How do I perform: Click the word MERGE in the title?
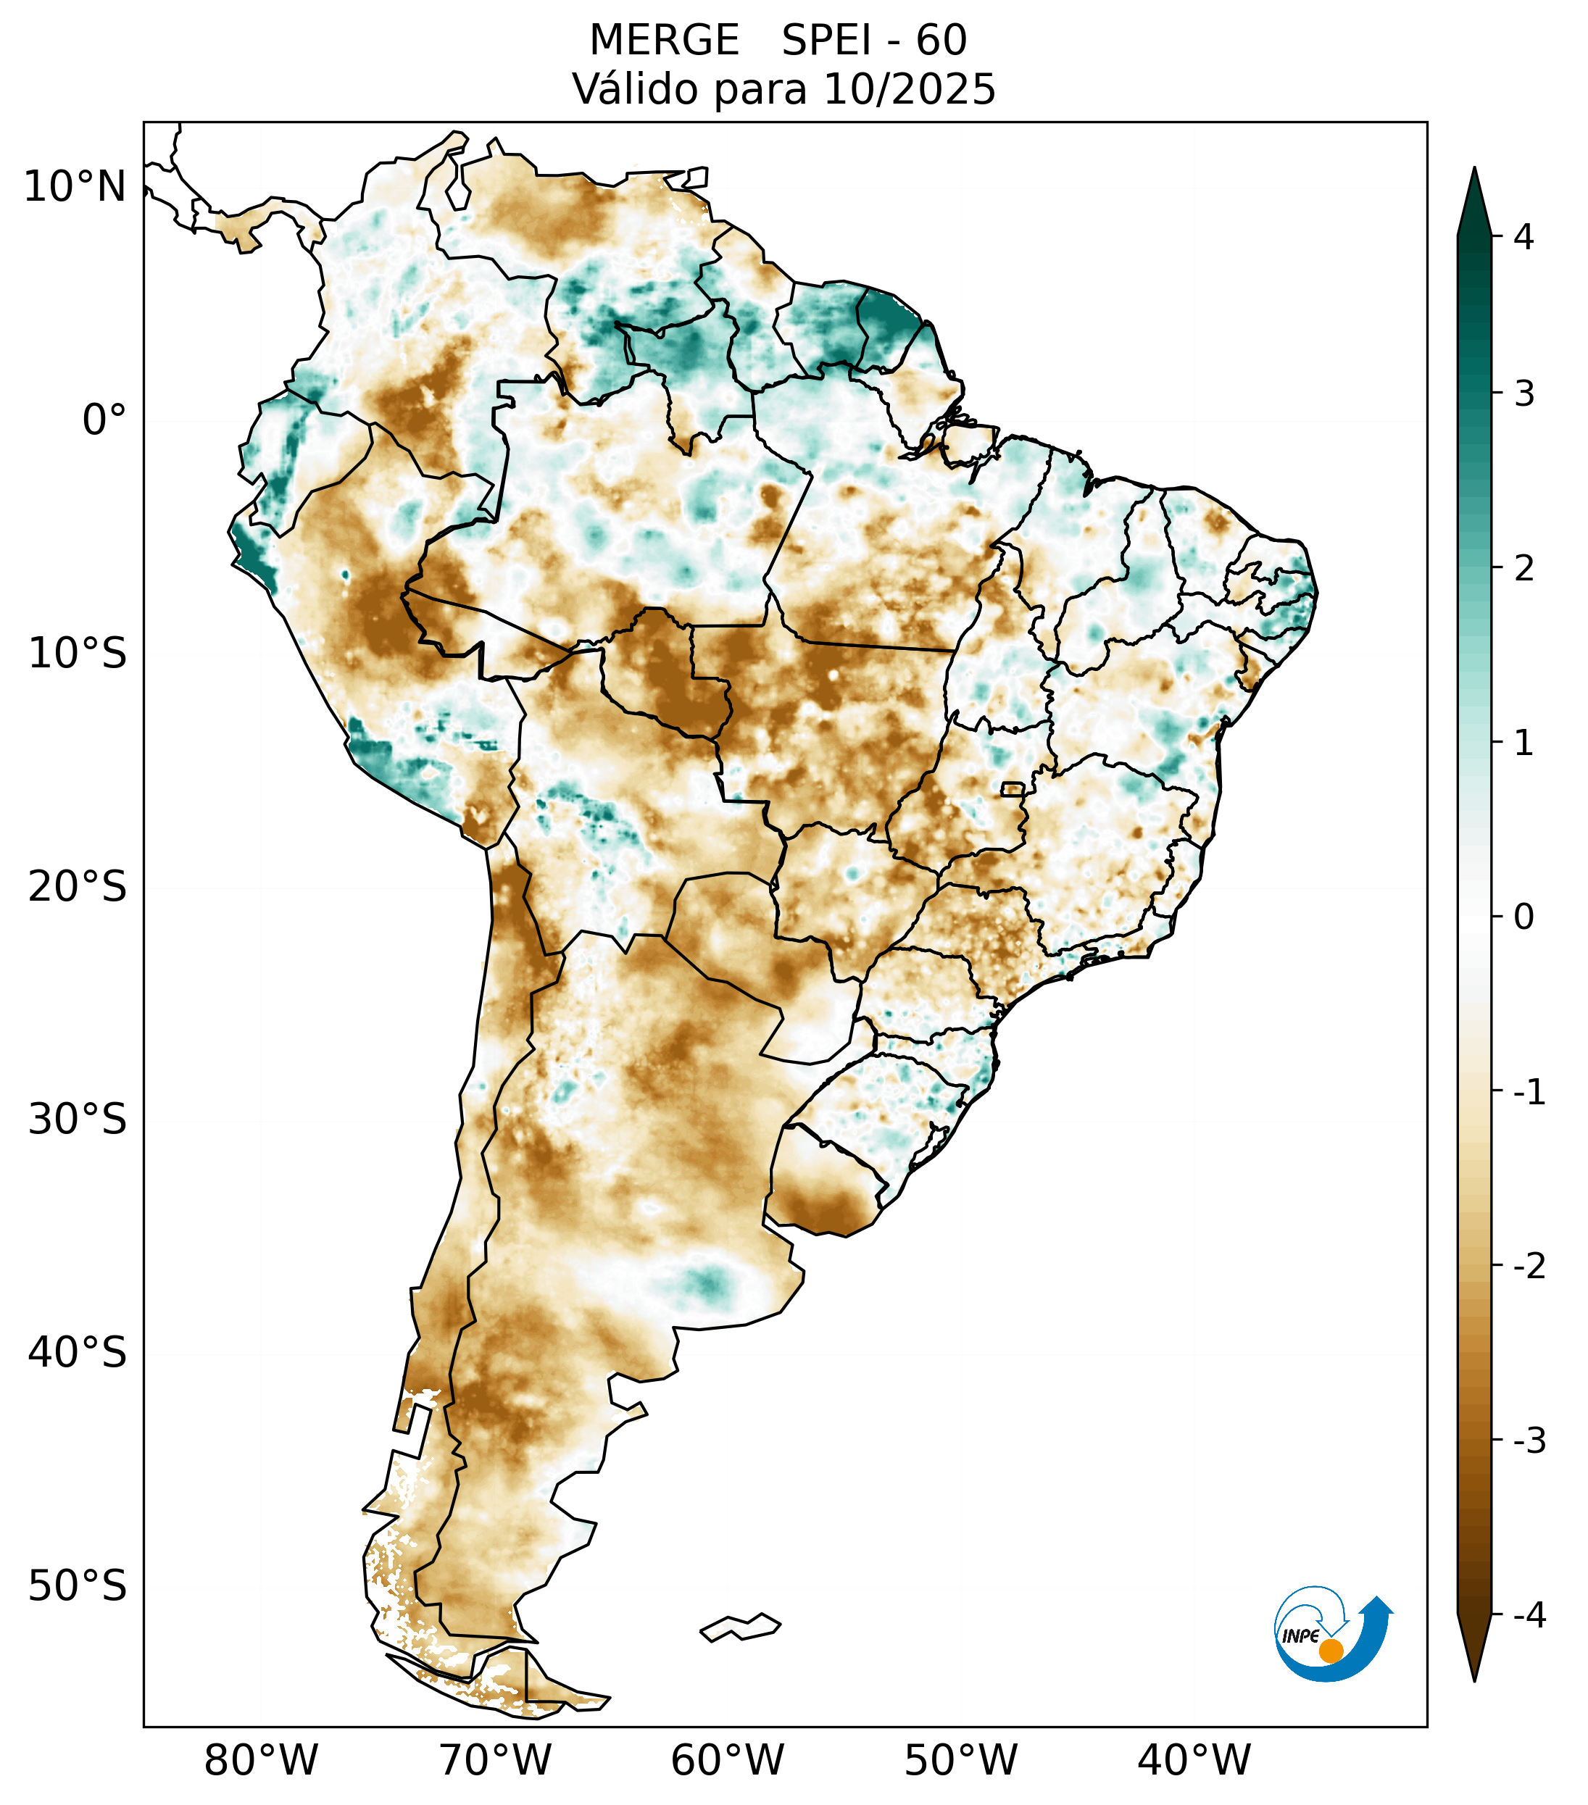point(663,41)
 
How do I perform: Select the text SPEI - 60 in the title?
point(874,41)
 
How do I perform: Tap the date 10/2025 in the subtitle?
point(909,89)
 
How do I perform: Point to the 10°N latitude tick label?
point(75,187)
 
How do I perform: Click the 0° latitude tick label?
point(104,420)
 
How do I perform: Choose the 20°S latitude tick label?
point(78,887)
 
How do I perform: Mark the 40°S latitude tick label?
point(78,1352)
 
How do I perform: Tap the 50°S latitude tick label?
point(78,1586)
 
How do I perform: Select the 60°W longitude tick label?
point(727,1760)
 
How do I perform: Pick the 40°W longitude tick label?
point(1194,1760)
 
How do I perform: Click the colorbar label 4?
point(1523,237)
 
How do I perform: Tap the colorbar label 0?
point(1523,917)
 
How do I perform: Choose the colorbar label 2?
point(1523,569)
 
